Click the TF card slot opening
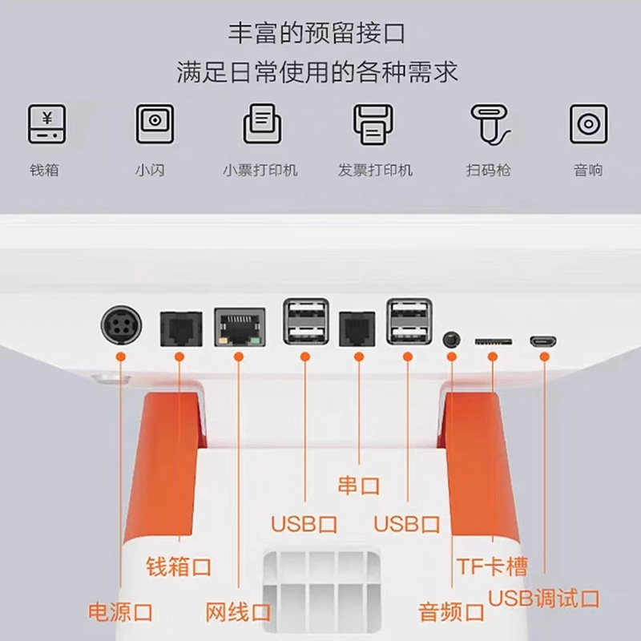click(x=493, y=341)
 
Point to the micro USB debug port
click(x=543, y=341)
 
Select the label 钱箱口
click(x=179, y=567)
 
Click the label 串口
click(x=357, y=486)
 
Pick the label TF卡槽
click(x=492, y=567)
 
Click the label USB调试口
click(x=544, y=598)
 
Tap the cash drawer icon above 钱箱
click(x=46, y=124)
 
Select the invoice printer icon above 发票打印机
click(x=373, y=124)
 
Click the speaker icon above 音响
click(x=588, y=124)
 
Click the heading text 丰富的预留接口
click(x=317, y=34)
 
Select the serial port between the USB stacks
click(x=357, y=328)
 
